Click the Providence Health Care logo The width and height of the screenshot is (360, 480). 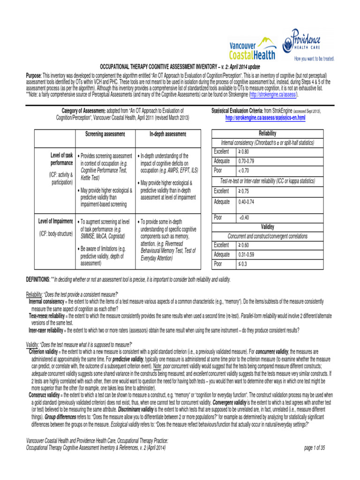pos(312,45)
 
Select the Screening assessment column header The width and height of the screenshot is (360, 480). pos(105,135)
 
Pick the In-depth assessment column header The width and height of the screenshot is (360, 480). pos(168,135)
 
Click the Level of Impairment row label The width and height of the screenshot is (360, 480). pos(55,221)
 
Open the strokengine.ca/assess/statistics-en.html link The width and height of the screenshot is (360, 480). pos(265,118)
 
